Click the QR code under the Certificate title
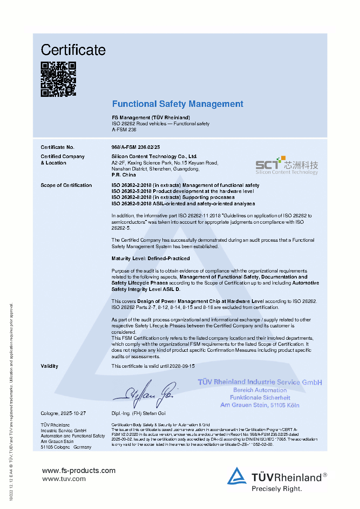(x=58, y=79)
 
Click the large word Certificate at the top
(x=73, y=50)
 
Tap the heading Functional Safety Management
(x=178, y=104)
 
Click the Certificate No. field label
(x=58, y=147)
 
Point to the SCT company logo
(x=287, y=165)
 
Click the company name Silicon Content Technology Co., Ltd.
(x=154, y=156)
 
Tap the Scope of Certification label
(x=66, y=185)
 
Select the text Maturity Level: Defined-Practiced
(x=151, y=259)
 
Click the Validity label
(x=50, y=366)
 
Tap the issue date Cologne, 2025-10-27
(x=64, y=413)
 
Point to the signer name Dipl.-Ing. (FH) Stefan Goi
(x=138, y=413)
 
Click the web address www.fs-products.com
(x=79, y=471)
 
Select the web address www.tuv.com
(x=64, y=479)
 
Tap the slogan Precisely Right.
(x=277, y=489)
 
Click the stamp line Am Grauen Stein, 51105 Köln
(x=260, y=405)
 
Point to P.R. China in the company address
(x=124, y=175)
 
